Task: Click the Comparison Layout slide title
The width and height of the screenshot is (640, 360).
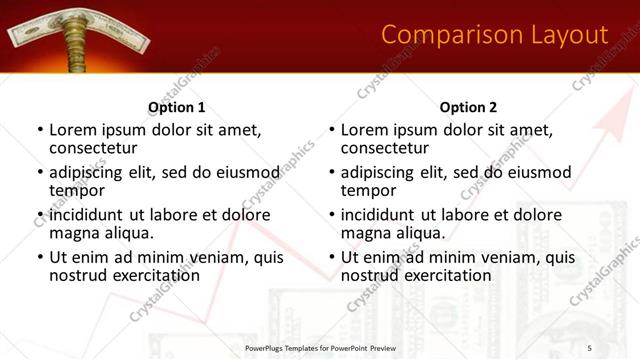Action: point(495,35)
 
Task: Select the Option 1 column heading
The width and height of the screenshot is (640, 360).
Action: point(177,107)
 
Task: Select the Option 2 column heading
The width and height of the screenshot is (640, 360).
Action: point(468,107)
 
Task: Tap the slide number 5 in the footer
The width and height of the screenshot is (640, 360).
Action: point(589,346)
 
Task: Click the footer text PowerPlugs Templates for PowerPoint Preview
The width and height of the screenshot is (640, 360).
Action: point(320,346)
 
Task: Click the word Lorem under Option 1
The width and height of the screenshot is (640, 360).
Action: point(75,130)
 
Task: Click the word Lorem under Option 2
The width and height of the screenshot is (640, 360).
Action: point(367,130)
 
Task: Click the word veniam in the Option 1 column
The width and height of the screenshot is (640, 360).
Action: point(205,257)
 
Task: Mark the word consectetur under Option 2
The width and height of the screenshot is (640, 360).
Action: point(393,148)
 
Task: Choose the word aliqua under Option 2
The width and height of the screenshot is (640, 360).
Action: point(422,233)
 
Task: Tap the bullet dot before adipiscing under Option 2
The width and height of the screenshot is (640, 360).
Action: point(332,173)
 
